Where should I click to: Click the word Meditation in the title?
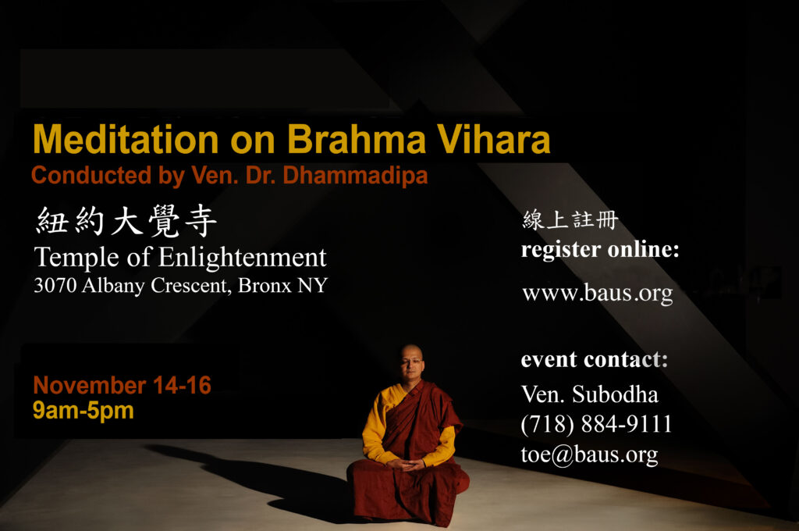point(126,139)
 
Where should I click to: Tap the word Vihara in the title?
point(493,139)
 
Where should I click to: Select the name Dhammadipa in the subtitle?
point(355,175)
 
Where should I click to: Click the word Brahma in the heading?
point(356,139)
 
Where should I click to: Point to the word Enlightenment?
point(242,258)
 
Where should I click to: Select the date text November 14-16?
point(122,385)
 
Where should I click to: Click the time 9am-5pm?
point(83,410)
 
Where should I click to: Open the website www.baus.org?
point(597,294)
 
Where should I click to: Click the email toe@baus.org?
point(589,454)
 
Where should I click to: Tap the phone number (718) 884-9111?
point(596,424)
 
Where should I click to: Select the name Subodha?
point(615,394)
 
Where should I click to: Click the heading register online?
point(600,250)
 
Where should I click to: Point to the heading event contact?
point(594,360)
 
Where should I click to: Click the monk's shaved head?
point(411,354)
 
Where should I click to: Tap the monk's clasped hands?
point(405,464)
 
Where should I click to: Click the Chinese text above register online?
point(570,220)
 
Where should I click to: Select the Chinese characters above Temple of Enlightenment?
point(127,221)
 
